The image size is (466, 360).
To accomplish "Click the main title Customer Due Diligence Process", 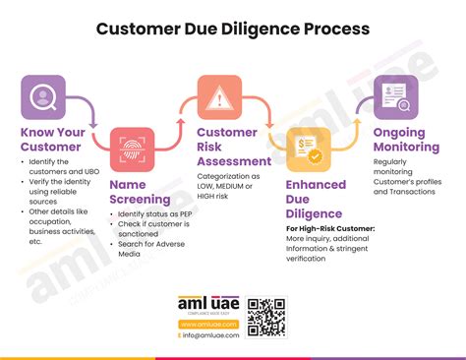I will pyautogui.click(x=233, y=29).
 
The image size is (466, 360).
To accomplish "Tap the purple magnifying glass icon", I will pyautogui.click(x=43, y=97).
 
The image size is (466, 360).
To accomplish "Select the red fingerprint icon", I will pyautogui.click(x=132, y=149).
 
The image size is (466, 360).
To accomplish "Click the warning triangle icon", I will pyautogui.click(x=219, y=97).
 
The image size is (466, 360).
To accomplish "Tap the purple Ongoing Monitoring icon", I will pyautogui.click(x=396, y=97).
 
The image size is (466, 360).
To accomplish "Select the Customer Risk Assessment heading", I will pyautogui.click(x=234, y=147).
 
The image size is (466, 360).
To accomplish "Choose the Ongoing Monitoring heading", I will pyautogui.click(x=411, y=140).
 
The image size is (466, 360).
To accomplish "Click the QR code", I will pyautogui.click(x=265, y=317).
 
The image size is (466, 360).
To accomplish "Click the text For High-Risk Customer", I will pyautogui.click(x=328, y=228).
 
